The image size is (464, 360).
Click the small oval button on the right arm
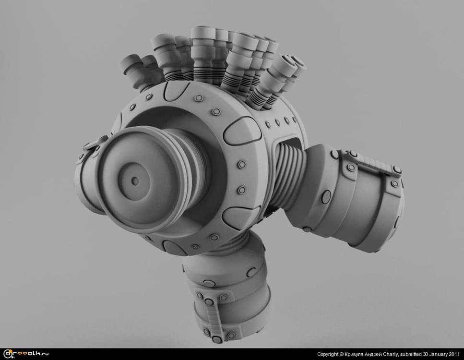tap(327, 195)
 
